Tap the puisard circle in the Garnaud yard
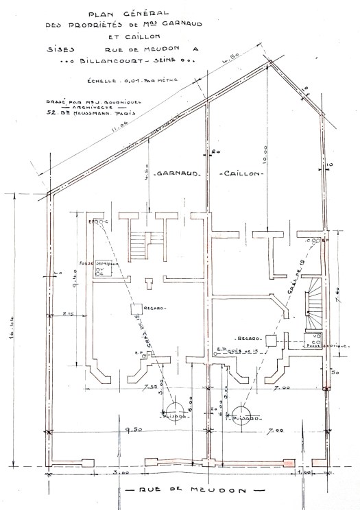pyautogui.click(x=171, y=417)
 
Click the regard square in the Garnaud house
pyautogui.click(x=137, y=310)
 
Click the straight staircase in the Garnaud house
pyautogui.click(x=140, y=244)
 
